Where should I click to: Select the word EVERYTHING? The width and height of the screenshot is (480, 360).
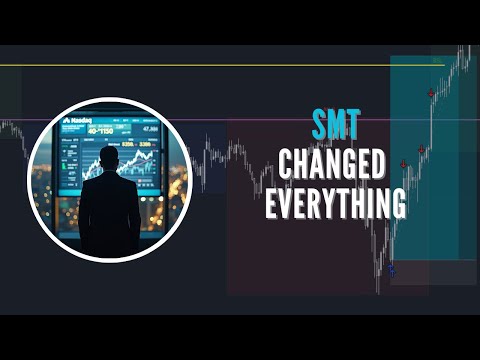335,203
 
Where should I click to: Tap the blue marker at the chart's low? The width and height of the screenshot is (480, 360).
391,269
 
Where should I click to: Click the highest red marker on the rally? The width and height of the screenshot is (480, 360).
431,93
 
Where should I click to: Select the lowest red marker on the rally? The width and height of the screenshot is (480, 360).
403,166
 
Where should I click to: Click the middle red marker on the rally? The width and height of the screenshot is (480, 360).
421,150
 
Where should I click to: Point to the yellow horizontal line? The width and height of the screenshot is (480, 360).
200,66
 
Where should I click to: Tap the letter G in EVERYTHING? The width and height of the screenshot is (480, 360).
395,203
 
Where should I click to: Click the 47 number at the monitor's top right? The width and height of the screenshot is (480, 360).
150,129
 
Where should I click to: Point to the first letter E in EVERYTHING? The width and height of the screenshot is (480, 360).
272,203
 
